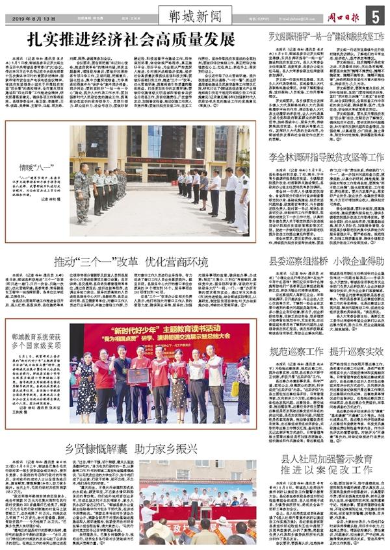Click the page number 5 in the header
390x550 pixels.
pos(376,15)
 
